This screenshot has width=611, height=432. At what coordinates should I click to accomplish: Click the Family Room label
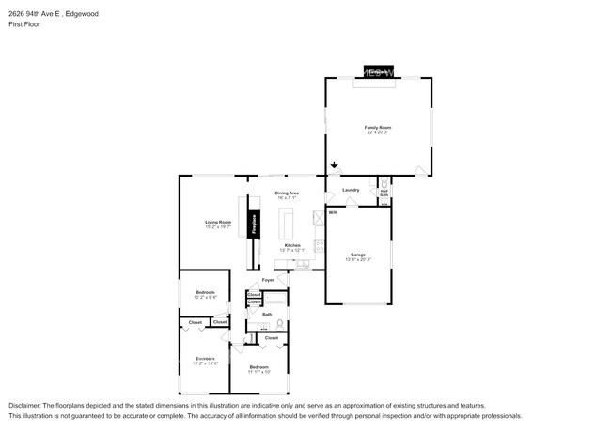378,127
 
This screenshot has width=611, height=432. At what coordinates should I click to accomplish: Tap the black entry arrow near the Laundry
335,165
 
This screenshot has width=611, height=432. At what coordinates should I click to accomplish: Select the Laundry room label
351,190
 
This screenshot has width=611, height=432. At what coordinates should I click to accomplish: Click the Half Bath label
384,193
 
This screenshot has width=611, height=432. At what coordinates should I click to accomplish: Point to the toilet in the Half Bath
384,182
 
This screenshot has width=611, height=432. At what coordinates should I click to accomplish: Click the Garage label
358,255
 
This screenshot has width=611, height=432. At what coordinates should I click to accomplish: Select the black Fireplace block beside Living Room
253,224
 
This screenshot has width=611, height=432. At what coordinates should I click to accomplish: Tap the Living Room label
218,222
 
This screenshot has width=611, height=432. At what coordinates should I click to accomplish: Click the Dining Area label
288,193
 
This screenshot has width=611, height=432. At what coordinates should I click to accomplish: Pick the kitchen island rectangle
288,224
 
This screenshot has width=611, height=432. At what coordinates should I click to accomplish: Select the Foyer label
268,280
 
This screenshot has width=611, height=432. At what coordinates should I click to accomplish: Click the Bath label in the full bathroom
267,314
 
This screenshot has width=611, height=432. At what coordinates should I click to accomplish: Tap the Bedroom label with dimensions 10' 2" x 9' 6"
206,293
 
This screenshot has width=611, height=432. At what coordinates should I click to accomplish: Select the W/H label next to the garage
333,212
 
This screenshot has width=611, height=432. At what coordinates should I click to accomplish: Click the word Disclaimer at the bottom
25,405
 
